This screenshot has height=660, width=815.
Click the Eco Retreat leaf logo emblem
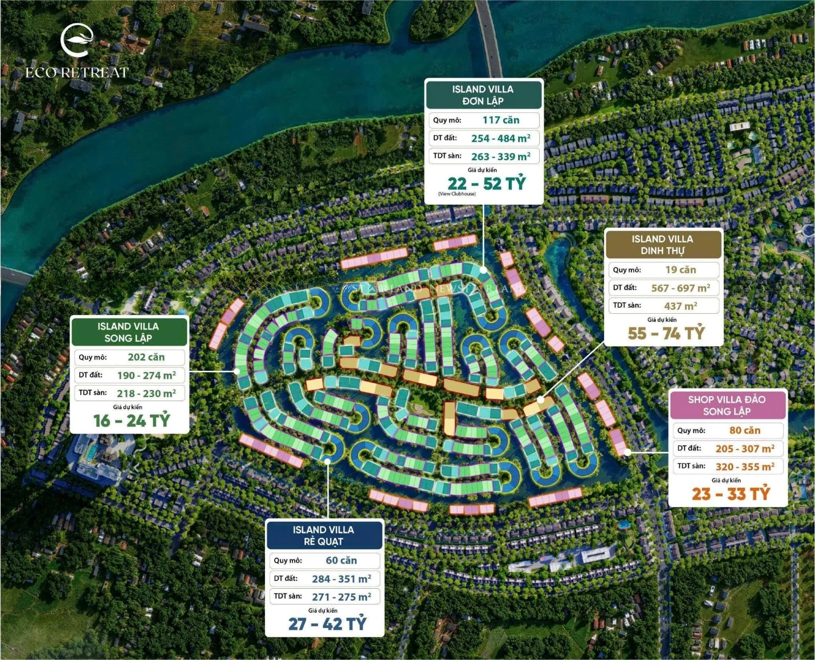coord(77,40)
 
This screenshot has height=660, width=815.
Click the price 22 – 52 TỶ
coord(486,184)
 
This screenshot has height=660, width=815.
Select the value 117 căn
coord(501,120)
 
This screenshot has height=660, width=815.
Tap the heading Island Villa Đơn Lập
coord(483,95)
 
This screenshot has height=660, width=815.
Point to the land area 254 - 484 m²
coord(500,139)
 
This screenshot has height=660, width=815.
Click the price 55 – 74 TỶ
coord(666,333)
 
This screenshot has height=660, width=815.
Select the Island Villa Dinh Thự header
coord(662,245)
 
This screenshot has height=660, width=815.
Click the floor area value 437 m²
coord(680,306)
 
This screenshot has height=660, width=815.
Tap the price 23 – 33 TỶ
coord(731,494)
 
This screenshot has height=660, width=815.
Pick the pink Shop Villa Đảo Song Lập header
coord(727,406)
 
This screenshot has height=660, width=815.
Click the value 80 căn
coord(744,431)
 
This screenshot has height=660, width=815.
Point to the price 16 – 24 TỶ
coord(132,421)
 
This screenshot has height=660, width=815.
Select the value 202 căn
coord(146,357)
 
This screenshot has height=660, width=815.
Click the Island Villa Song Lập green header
coord(128,332)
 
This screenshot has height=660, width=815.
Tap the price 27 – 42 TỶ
coord(327,624)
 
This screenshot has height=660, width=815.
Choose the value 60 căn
coord(341,561)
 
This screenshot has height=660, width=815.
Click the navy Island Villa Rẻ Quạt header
coord(323,536)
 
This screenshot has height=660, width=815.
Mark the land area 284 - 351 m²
coord(341,579)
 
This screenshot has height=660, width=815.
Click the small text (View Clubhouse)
coord(457,194)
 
